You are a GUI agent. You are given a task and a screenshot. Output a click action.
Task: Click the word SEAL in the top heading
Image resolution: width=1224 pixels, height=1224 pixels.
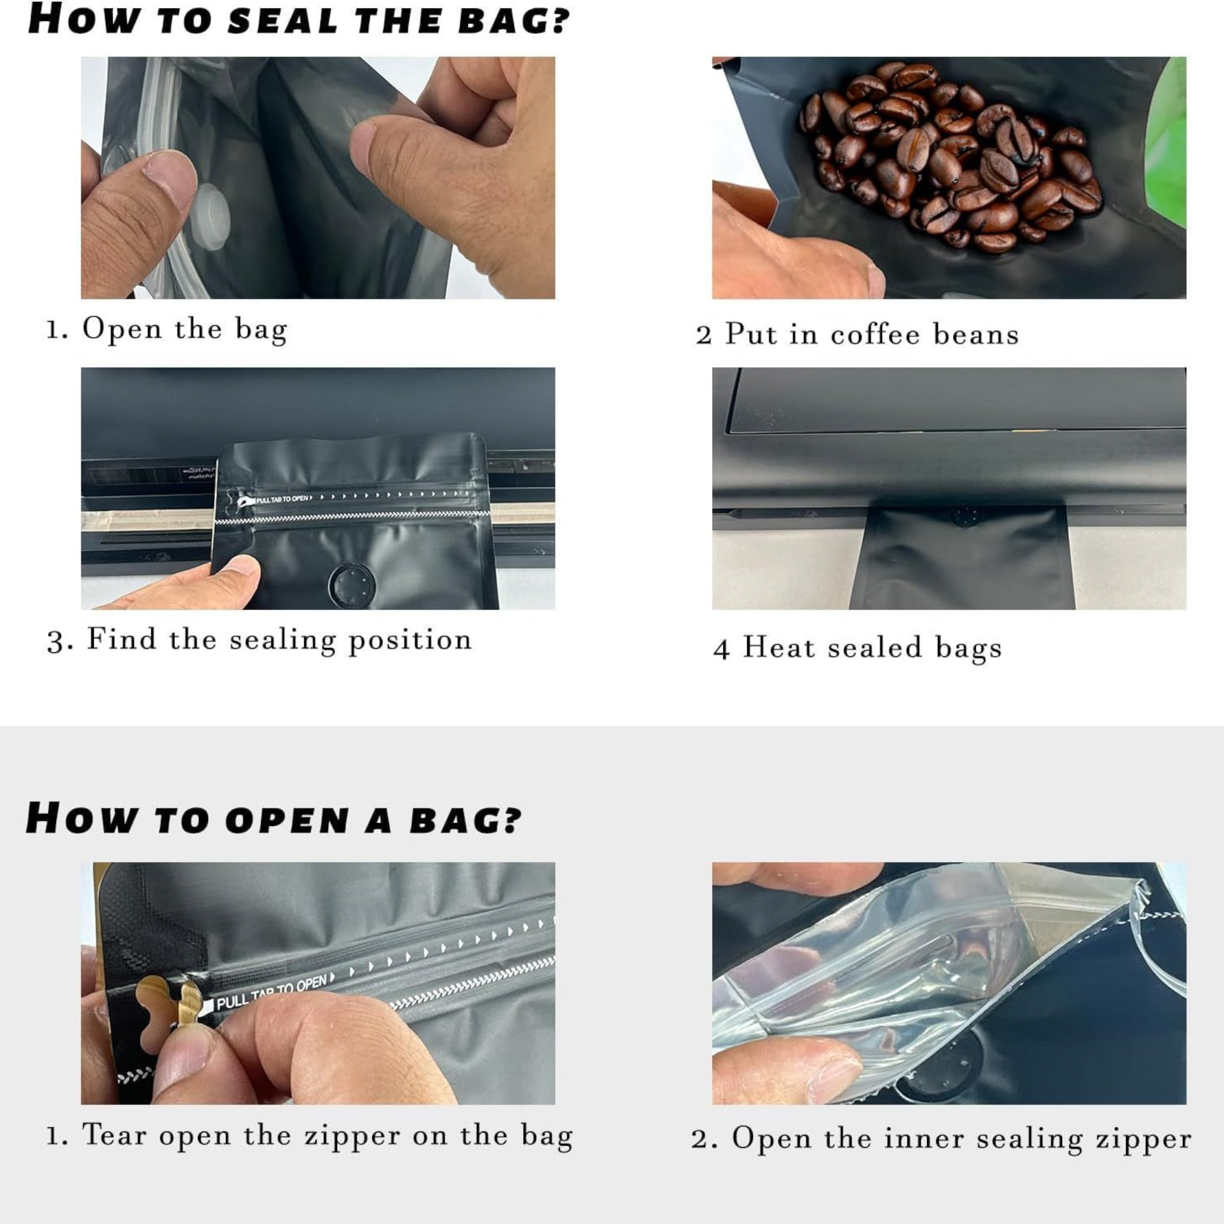coord(283,20)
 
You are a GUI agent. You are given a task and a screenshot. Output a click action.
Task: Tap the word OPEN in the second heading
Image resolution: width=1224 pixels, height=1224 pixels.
coord(287,820)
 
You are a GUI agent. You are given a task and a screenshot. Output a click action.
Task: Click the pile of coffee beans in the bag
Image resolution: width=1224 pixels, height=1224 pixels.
coord(950,158)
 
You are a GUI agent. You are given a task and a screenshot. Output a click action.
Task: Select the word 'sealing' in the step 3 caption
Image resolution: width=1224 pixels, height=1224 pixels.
coord(283,640)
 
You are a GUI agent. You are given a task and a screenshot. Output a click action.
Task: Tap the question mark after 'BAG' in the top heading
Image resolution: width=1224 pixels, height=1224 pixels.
coord(561,20)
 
